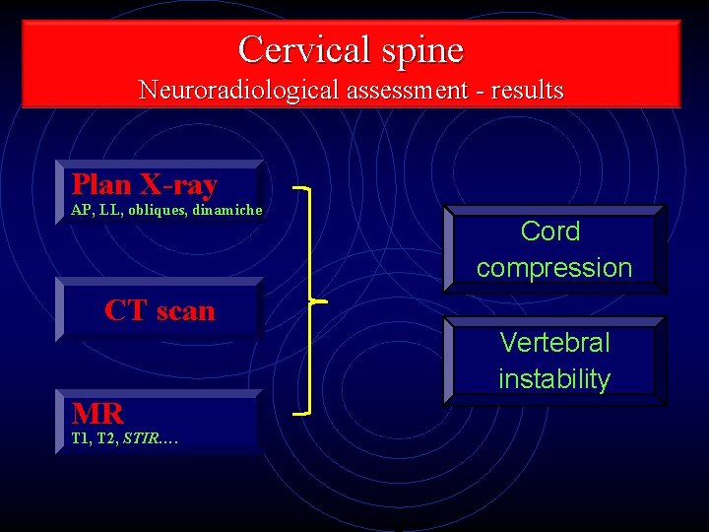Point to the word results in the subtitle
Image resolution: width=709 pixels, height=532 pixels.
tap(527, 91)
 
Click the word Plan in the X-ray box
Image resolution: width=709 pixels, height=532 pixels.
tap(101, 184)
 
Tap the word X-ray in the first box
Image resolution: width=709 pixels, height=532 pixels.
tap(178, 185)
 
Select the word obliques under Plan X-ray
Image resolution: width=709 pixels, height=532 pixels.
tap(154, 210)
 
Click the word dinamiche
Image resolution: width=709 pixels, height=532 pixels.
tap(227, 210)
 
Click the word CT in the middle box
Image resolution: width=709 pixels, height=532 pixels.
tap(125, 310)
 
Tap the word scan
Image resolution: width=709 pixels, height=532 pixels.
tap(184, 311)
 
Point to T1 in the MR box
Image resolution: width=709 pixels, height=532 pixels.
tap(80, 439)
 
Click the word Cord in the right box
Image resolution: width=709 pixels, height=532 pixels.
tap(550, 232)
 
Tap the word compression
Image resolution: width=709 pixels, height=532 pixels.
tap(554, 267)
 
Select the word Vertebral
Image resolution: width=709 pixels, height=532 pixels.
tap(554, 343)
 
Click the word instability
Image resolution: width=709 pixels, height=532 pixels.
tap(554, 378)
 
